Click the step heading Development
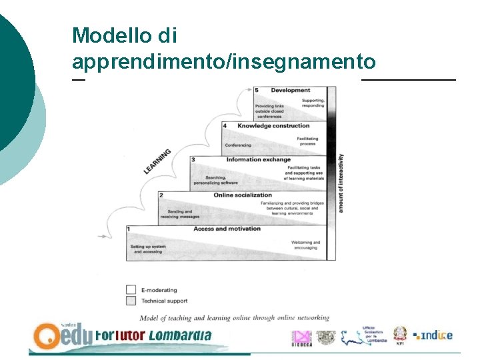(x=290, y=90)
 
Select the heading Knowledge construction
(x=273, y=125)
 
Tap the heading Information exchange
(x=258, y=159)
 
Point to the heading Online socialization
(x=243, y=195)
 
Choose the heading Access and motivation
(x=227, y=229)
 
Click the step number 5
(x=257, y=90)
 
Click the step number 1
(x=129, y=229)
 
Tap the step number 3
(x=193, y=159)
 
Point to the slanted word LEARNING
(x=157, y=162)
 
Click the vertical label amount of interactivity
(x=341, y=183)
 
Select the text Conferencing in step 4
(x=238, y=145)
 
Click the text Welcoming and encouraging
(x=305, y=245)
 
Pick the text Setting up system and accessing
(x=148, y=249)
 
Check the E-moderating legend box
(x=131, y=289)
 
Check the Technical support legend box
(x=131, y=301)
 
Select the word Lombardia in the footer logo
(x=179, y=335)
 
